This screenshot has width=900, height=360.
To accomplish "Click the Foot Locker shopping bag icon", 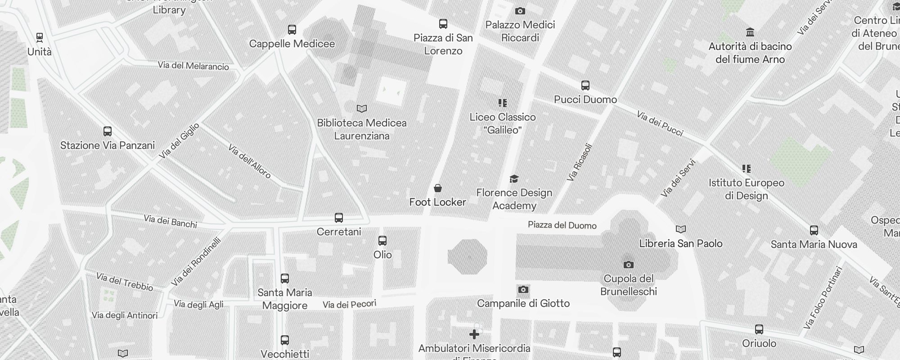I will click(x=437, y=188).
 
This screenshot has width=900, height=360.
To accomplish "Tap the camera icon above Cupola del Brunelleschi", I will click(x=629, y=265).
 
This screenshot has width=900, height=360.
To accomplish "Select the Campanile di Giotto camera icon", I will click(x=523, y=289).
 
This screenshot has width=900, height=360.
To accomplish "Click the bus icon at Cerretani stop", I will click(x=339, y=218).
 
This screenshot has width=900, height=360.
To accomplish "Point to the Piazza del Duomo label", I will click(x=562, y=225).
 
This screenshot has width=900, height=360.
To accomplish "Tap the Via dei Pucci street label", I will click(x=660, y=123).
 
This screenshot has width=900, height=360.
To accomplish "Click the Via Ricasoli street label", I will click(x=580, y=162).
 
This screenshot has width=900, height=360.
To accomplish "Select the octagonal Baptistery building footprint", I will click(x=467, y=256).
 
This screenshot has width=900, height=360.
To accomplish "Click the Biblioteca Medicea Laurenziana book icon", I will click(x=362, y=108).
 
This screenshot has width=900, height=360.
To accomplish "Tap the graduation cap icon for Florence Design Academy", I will click(x=514, y=179).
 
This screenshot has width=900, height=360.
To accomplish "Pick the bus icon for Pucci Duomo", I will click(x=585, y=85).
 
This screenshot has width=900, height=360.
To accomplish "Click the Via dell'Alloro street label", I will click(x=249, y=161).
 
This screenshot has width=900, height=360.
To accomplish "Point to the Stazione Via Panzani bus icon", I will click(x=107, y=131).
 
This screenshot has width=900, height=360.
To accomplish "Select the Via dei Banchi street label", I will click(x=170, y=221).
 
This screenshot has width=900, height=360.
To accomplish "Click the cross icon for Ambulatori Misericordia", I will click(x=474, y=334).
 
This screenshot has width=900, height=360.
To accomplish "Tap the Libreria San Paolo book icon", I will click(x=681, y=229).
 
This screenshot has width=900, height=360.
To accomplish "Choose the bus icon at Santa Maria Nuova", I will click(x=814, y=230).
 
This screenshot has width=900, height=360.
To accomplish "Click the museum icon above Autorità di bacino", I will click(x=750, y=32).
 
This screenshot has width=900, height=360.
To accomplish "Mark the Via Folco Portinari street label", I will click(x=823, y=297).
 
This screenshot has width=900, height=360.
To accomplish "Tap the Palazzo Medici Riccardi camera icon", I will click(x=520, y=11).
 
